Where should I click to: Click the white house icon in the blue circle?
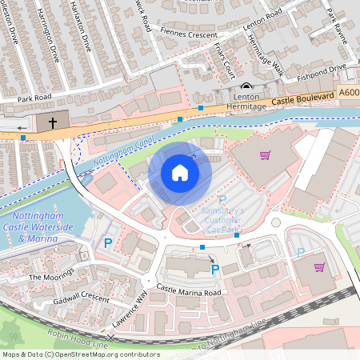[180, 173]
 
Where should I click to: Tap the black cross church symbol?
[52, 123]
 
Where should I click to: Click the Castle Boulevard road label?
[302, 98]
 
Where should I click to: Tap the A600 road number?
[348, 92]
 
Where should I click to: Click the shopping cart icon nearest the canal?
[265, 154]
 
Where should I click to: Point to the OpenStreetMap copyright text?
[81, 354]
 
